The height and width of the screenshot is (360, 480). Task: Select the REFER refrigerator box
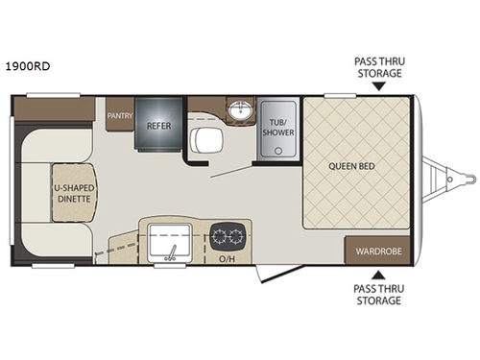coord(158,125)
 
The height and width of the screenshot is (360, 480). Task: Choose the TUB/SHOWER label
coord(278,129)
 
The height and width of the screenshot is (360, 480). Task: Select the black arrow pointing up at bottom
coord(376,275)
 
